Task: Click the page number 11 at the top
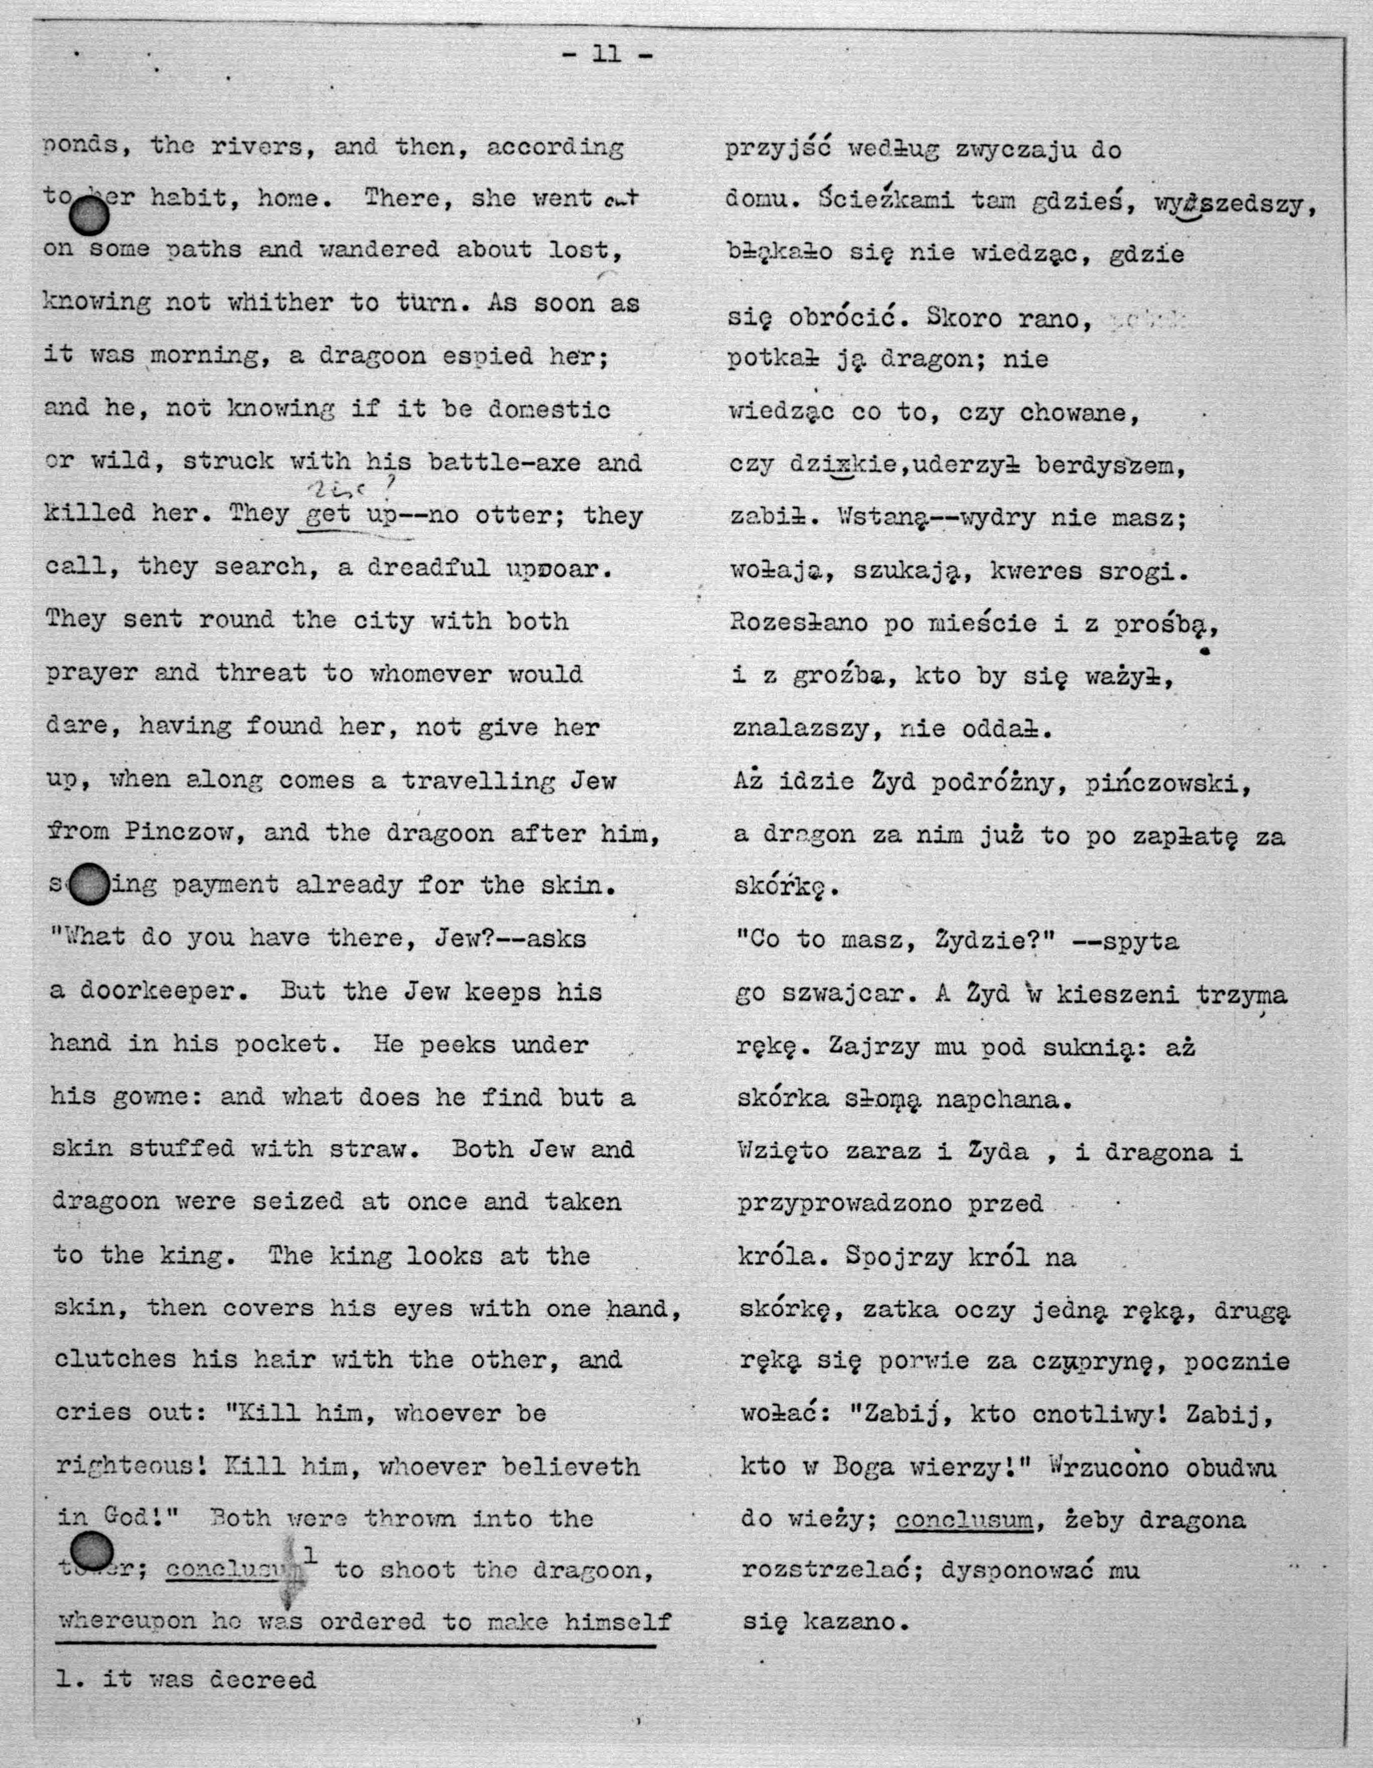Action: (x=606, y=54)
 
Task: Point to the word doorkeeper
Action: (x=162, y=991)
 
